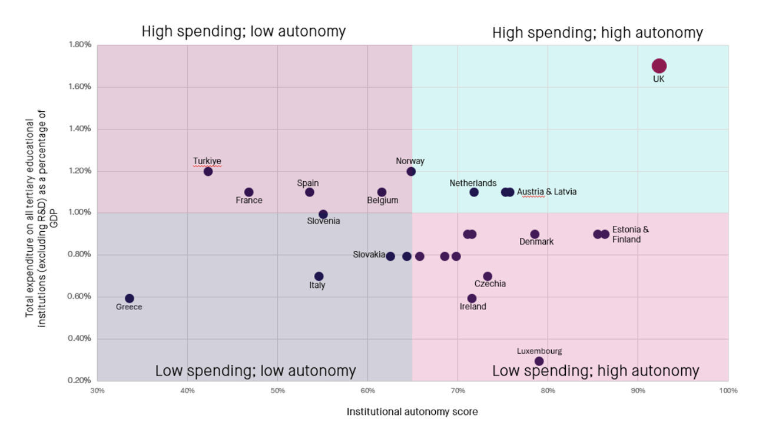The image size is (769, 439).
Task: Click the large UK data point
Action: (659, 66)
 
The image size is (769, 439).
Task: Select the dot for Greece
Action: (130, 298)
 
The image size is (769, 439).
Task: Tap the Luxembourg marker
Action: (539, 361)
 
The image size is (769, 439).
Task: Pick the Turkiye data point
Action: (208, 171)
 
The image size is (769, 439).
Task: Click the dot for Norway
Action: (411, 171)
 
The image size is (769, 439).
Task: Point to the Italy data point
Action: (319, 277)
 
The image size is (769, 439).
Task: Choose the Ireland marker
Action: (472, 298)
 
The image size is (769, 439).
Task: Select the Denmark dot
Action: (535, 234)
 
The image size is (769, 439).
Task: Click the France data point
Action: (248, 192)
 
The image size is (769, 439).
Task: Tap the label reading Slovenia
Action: (323, 221)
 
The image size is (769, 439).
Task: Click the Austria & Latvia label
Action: (546, 192)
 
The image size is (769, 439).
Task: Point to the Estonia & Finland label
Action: (630, 234)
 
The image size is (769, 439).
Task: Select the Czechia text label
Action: (490, 284)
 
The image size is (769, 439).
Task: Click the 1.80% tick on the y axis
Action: (80, 45)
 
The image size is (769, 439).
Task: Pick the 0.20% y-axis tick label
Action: (80, 381)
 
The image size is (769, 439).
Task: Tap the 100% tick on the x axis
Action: (728, 390)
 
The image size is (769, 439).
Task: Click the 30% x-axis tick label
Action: (97, 390)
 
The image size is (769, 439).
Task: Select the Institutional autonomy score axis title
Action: (412, 412)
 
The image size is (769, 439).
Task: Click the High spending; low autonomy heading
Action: (243, 31)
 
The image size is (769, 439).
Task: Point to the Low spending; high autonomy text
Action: (595, 371)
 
